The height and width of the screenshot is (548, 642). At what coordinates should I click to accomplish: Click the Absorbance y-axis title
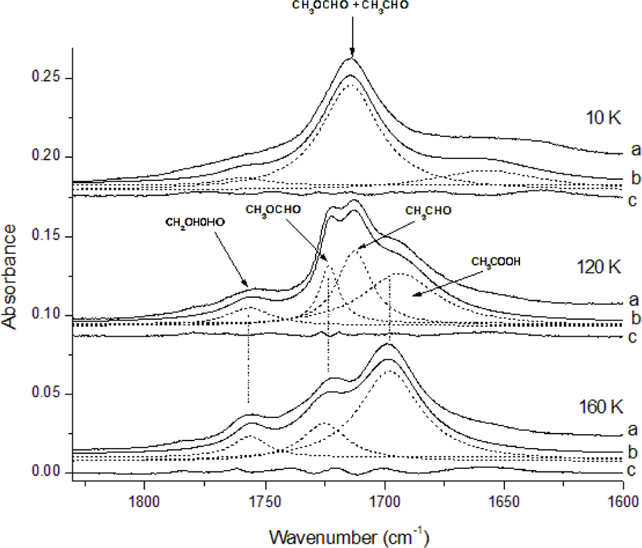pyautogui.click(x=12, y=275)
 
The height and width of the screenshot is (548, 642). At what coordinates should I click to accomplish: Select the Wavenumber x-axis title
pyautogui.click(x=349, y=535)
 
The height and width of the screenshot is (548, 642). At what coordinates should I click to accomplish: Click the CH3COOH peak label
pyautogui.click(x=495, y=261)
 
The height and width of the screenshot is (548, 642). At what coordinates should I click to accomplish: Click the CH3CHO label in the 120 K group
pyautogui.click(x=428, y=211)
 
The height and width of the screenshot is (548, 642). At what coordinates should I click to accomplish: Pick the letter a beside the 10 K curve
pyautogui.click(x=635, y=150)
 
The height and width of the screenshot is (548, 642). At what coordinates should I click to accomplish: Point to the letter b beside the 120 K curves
pyautogui.click(x=635, y=319)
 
